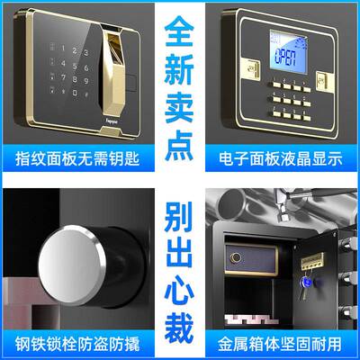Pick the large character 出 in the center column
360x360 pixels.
180,255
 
